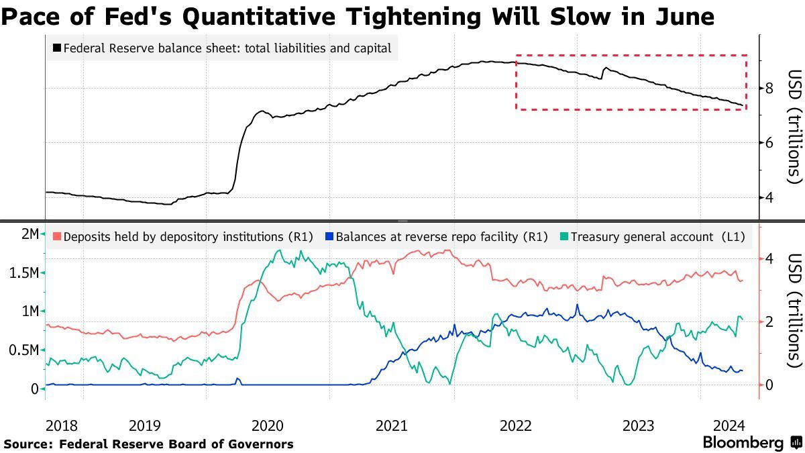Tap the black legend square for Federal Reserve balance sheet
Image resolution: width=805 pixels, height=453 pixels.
(57, 48)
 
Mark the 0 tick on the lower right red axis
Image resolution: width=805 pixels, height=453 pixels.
(770, 385)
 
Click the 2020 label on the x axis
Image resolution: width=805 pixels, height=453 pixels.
(268, 425)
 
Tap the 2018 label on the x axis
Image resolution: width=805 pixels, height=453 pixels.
(62, 425)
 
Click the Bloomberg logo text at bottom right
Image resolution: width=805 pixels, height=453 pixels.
(743, 443)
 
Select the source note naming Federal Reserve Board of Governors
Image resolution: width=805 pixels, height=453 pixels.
(148, 444)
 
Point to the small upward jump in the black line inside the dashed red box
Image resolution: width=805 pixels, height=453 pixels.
(603, 72)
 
